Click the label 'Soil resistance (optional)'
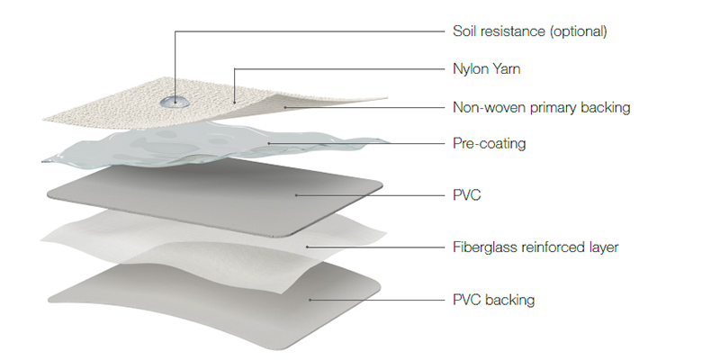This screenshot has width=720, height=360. point(529,31)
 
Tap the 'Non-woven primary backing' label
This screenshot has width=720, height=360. point(540,107)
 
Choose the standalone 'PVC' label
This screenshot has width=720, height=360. point(465,194)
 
